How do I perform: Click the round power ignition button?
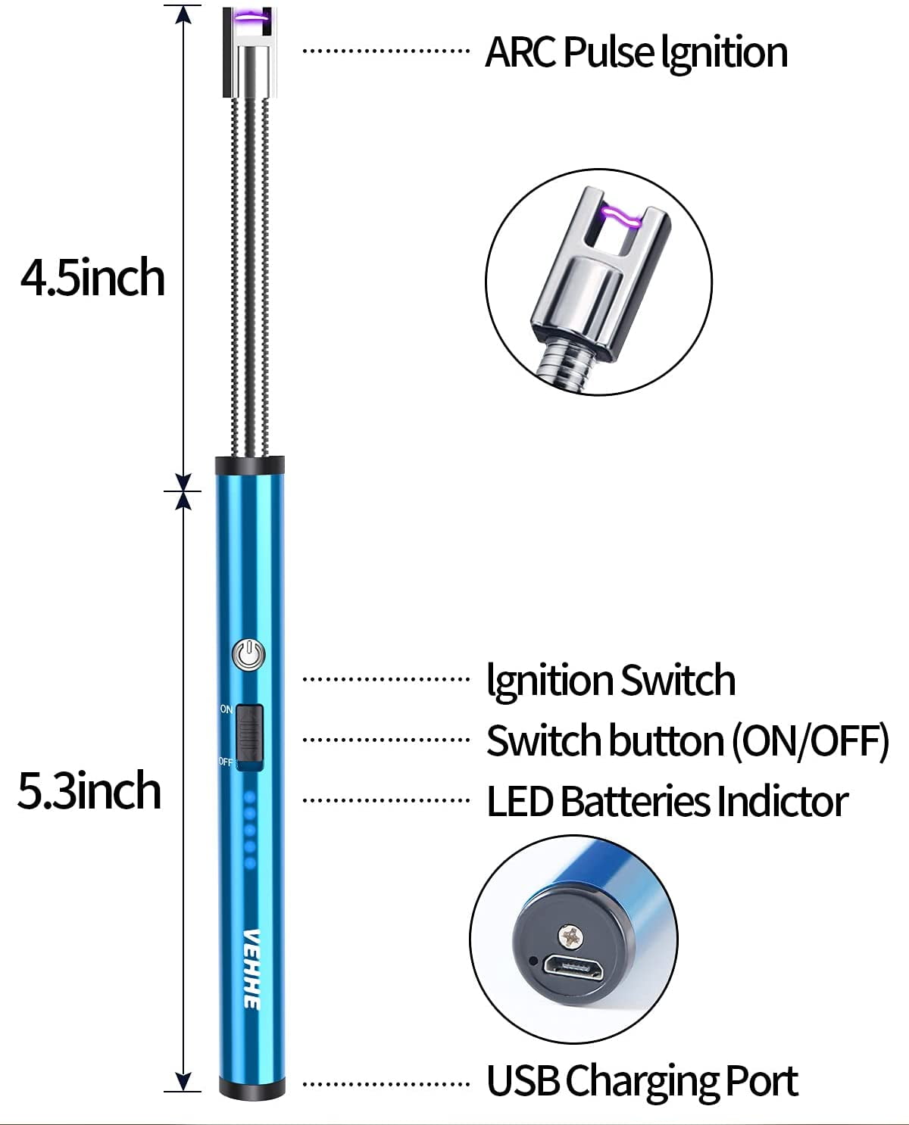[249, 654]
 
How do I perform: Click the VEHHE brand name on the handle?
[252, 968]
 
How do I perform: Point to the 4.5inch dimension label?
[92, 278]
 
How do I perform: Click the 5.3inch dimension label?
[89, 791]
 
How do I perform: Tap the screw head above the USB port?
[572, 936]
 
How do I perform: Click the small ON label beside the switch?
[226, 709]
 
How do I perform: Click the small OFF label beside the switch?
[226, 761]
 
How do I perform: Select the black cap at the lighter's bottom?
[249, 1090]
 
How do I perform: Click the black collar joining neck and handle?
[249, 465]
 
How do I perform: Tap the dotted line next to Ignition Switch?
[386, 679]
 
